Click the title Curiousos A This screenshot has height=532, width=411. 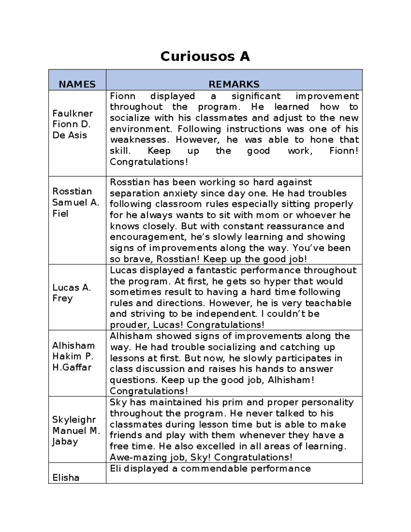[205, 56]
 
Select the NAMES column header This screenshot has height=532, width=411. [77, 84]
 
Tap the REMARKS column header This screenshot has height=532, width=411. [234, 84]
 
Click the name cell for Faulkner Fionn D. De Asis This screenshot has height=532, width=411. [73, 124]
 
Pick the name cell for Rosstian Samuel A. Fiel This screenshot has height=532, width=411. [75, 202]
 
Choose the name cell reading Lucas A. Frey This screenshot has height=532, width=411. [71, 293]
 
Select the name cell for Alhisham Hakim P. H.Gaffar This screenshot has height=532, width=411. [73, 357]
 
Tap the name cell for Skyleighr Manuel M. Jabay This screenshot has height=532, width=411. [76, 431]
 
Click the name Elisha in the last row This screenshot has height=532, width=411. [66, 478]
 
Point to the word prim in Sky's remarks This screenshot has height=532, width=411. [232, 402]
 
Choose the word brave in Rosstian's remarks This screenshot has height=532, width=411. [137, 259]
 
